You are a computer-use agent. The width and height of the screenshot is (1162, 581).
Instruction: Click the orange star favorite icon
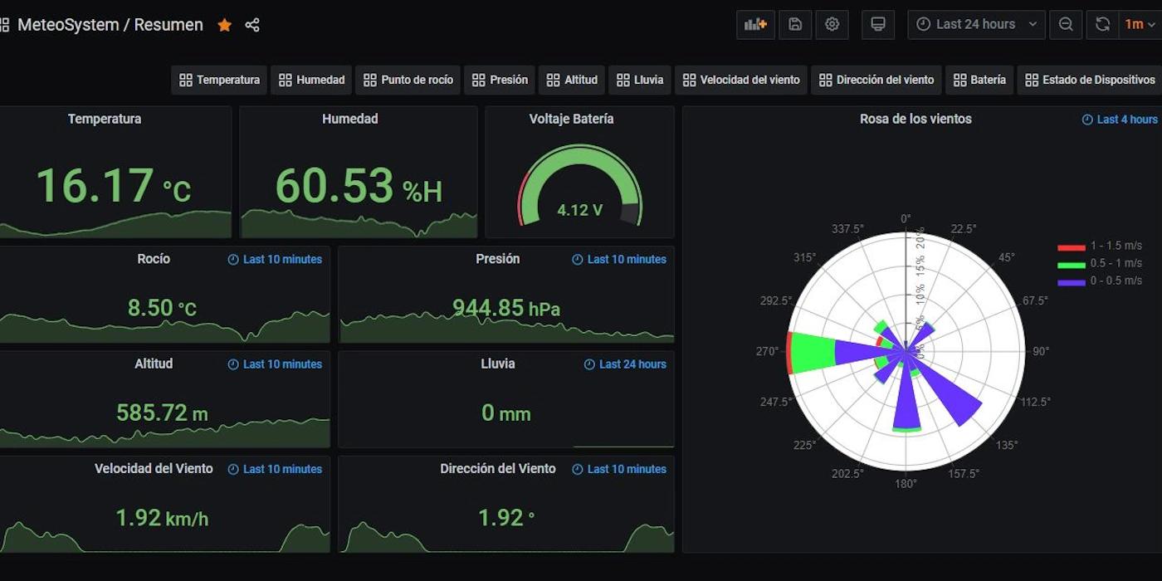pyautogui.click(x=224, y=25)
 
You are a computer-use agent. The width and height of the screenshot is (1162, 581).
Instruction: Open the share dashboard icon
pyautogui.click(x=252, y=25)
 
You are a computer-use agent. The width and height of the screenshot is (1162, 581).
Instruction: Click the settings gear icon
pyautogui.click(x=832, y=24)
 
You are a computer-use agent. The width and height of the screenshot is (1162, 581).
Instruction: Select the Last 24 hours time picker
pyautogui.click(x=976, y=24)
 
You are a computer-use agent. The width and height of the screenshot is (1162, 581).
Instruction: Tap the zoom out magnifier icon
pyautogui.click(x=1066, y=24)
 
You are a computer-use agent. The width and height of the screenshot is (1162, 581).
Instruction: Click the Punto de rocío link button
pyautogui.click(x=408, y=80)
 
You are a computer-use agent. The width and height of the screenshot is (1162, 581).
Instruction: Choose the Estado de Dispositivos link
pyautogui.click(x=1090, y=80)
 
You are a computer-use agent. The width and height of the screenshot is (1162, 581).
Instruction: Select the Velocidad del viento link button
pyautogui.click(x=740, y=80)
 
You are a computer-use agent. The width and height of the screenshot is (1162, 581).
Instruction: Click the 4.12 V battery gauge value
pyautogui.click(x=579, y=210)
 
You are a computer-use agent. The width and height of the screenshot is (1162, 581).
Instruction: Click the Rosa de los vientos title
pyautogui.click(x=915, y=119)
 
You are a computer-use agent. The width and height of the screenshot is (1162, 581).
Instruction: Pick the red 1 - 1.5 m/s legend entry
pyautogui.click(x=1100, y=246)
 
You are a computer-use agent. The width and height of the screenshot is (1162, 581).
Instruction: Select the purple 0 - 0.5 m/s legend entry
pyautogui.click(x=1100, y=281)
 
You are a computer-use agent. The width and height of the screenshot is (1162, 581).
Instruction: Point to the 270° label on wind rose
pyautogui.click(x=768, y=351)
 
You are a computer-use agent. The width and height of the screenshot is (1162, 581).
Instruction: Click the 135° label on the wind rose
pyautogui.click(x=1006, y=446)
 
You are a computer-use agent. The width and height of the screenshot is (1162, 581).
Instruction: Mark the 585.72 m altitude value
pyautogui.click(x=162, y=413)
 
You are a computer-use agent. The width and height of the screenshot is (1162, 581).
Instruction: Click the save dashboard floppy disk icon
pyautogui.click(x=794, y=24)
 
